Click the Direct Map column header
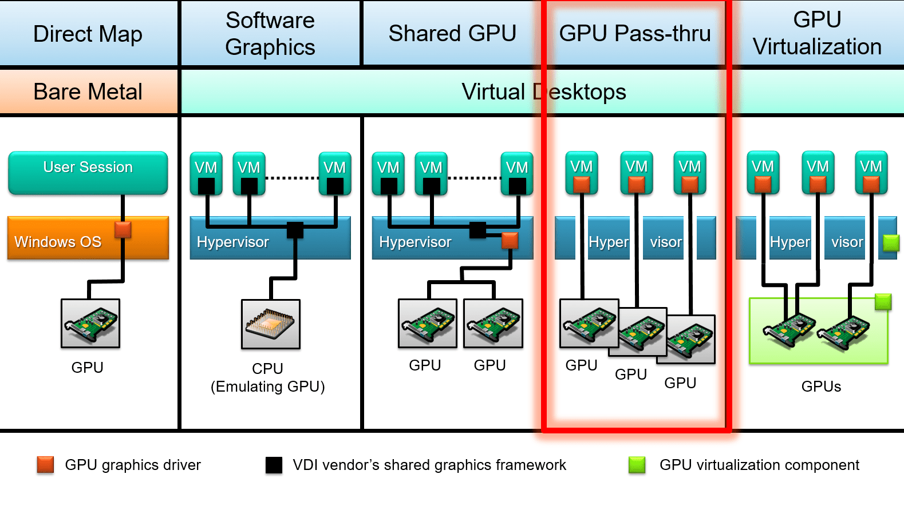(88, 34)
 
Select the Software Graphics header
(270, 34)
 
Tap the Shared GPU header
(452, 34)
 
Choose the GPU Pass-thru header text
(634, 34)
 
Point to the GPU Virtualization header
(817, 34)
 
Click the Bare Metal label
(88, 92)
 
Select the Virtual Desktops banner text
(543, 92)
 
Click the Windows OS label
(58, 242)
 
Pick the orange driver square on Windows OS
(123, 230)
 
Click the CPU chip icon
(271, 324)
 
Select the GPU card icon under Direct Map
(90, 324)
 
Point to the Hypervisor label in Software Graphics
(232, 242)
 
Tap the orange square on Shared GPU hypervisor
(510, 241)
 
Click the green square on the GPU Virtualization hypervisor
(891, 243)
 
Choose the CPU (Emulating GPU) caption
(268, 378)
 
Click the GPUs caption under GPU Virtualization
(821, 387)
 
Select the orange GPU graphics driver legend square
(45, 465)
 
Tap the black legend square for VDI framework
(274, 465)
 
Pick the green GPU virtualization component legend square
(637, 465)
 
